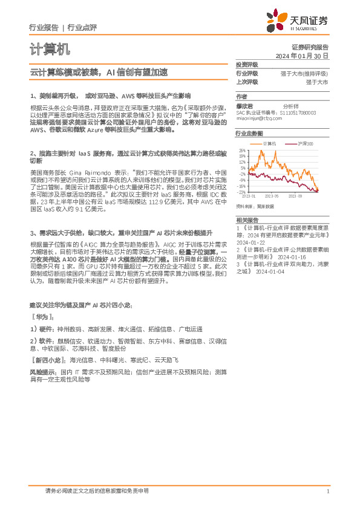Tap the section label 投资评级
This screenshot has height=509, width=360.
pos(247,64)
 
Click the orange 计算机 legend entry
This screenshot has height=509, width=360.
pos(267,143)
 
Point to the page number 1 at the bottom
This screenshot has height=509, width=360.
pos(327,491)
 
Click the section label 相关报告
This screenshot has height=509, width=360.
pos(247,219)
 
